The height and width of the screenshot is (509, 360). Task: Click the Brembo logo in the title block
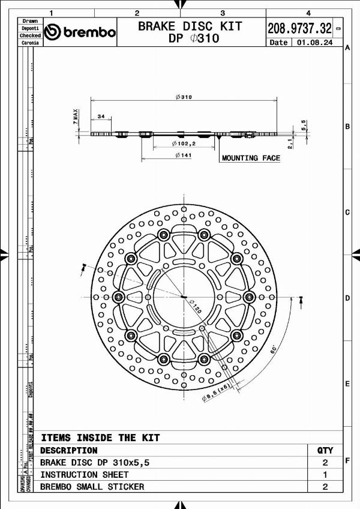click(x=80, y=32)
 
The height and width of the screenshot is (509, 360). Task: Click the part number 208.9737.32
click(x=299, y=28)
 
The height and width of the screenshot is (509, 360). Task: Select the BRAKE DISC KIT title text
click(x=190, y=26)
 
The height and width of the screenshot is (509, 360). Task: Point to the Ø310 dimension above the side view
click(x=184, y=97)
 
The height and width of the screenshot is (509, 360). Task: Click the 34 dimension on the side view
click(x=101, y=116)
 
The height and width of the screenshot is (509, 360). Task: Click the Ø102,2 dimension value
click(x=184, y=144)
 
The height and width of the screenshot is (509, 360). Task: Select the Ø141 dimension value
click(x=183, y=155)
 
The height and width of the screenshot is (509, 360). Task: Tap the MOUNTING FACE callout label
click(x=251, y=158)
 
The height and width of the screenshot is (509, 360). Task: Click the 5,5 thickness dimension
click(x=304, y=125)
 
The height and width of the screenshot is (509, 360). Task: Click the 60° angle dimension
click(x=274, y=348)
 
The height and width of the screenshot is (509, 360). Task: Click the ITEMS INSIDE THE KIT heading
click(x=100, y=438)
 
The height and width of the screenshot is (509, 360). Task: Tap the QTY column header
click(x=325, y=450)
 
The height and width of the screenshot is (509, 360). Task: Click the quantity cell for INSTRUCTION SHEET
click(x=325, y=474)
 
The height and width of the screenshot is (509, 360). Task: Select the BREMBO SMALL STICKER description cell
click(x=92, y=486)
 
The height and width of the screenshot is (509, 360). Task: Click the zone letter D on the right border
click(x=347, y=298)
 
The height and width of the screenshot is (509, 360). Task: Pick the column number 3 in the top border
click(x=223, y=13)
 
